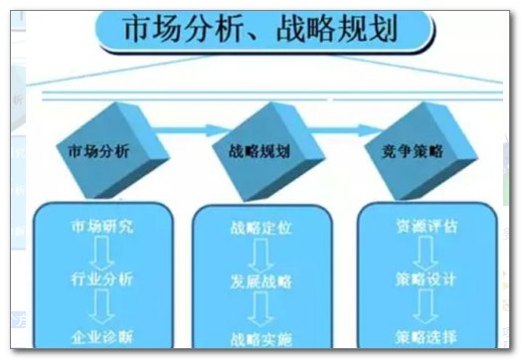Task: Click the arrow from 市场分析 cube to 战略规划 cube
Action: point(179,128)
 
